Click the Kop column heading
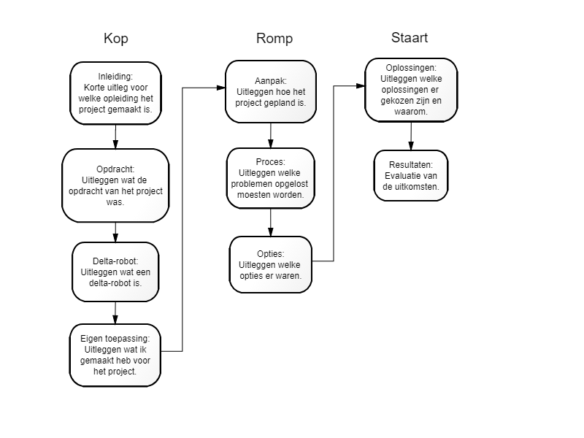(116, 39)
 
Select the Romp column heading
(274, 39)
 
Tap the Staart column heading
(410, 38)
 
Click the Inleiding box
(115, 93)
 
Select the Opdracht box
(115, 185)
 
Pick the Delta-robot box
(115, 272)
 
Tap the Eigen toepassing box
(115, 355)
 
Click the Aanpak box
(271, 92)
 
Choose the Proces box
(271, 178)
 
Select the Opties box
(270, 264)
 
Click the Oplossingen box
(411, 90)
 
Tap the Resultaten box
(411, 175)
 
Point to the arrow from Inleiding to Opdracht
(115, 137)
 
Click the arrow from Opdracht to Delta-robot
(115, 232)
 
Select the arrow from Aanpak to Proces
(271, 136)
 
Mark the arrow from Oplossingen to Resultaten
(411, 136)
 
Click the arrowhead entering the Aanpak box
(221, 88)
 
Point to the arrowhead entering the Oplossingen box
(361, 86)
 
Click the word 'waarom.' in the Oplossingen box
(411, 112)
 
